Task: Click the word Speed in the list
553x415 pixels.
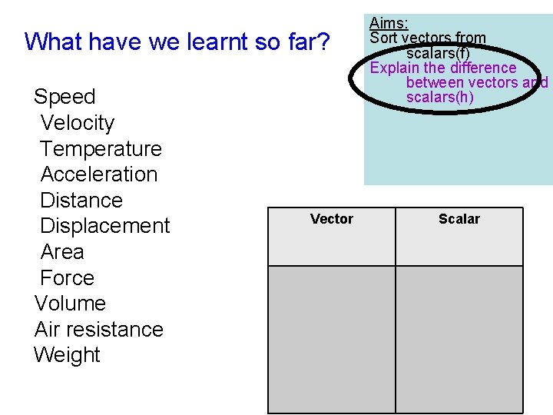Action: (x=65, y=97)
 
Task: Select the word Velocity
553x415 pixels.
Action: (x=77, y=123)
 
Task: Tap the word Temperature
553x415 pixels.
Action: (x=101, y=149)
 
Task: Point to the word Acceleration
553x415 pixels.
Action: (x=98, y=174)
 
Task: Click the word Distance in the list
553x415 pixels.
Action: (x=81, y=201)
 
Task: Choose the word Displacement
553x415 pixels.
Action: (x=104, y=226)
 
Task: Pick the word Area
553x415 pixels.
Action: (x=61, y=252)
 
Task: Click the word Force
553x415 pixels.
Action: (x=67, y=278)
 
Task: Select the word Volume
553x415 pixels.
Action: (x=70, y=304)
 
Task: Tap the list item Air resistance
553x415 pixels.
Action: (x=99, y=330)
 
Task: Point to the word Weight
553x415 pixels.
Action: (x=67, y=355)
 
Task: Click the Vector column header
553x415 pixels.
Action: (x=331, y=219)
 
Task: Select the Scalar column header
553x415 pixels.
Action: (x=459, y=219)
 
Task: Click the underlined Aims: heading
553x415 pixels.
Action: (x=389, y=24)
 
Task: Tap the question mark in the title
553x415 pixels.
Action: (x=323, y=41)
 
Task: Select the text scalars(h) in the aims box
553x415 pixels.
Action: (x=439, y=97)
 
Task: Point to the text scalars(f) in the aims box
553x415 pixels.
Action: (x=438, y=53)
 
